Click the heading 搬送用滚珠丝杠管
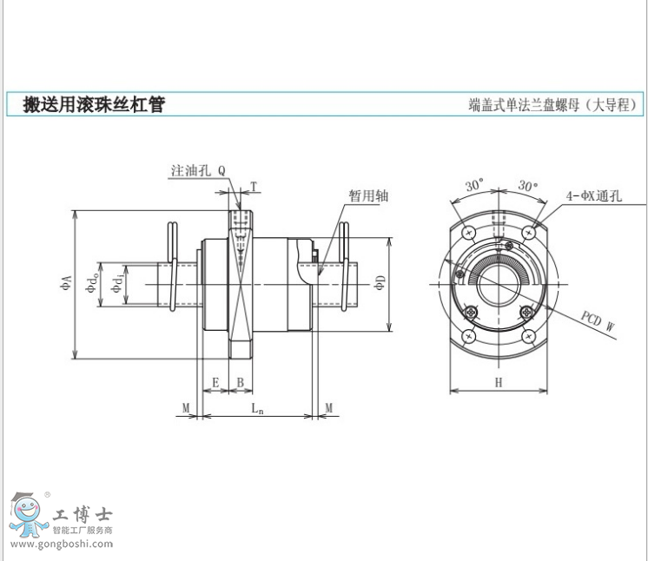[x=94, y=105]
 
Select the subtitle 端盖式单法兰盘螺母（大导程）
[x=554, y=106]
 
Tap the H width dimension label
[x=498, y=383]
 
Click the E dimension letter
[x=216, y=383]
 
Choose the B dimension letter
[x=241, y=383]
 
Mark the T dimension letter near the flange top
[x=254, y=186]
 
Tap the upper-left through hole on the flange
[x=469, y=233]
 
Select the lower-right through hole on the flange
[x=527, y=336]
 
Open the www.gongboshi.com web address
[x=58, y=545]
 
